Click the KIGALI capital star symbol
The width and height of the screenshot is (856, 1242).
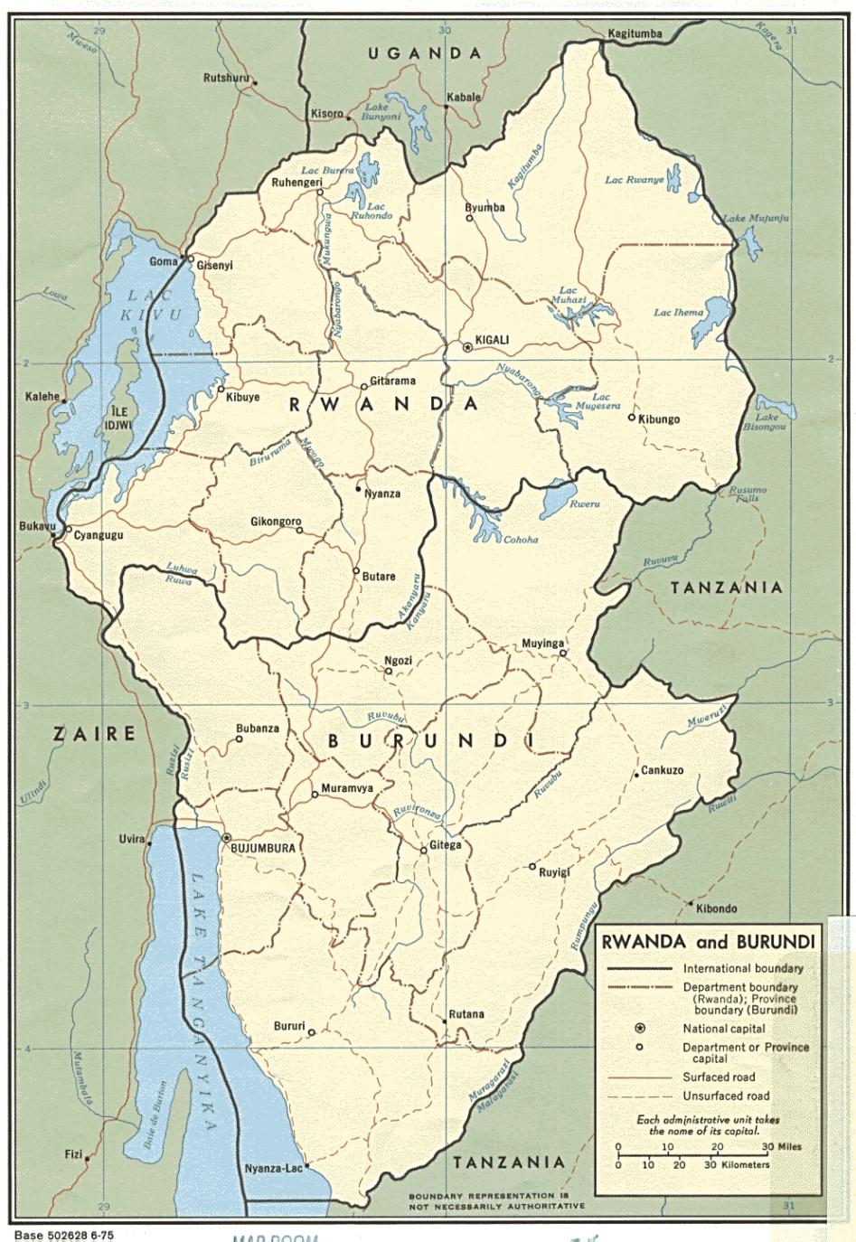click(x=467, y=347)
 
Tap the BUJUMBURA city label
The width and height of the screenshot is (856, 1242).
click(x=263, y=849)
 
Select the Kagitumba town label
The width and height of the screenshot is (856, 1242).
click(x=635, y=33)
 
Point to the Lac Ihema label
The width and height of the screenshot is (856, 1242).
click(x=678, y=313)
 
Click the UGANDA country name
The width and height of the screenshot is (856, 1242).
click(x=424, y=53)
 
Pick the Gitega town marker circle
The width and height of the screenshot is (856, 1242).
click(x=423, y=850)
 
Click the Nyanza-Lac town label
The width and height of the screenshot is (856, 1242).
click(x=273, y=1169)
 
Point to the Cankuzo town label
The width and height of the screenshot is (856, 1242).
click(x=662, y=771)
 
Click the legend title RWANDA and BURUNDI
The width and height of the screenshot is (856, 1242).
click(x=709, y=942)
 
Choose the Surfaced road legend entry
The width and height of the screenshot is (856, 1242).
click(x=719, y=1077)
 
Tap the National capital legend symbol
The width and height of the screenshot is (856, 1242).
click(x=640, y=1029)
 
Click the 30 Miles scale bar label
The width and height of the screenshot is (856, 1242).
click(x=781, y=1146)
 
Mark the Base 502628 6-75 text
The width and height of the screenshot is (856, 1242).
click(x=63, y=1234)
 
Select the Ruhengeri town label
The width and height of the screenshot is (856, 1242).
click(x=297, y=183)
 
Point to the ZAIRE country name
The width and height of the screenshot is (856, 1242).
click(x=94, y=733)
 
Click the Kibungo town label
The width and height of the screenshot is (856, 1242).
click(x=659, y=419)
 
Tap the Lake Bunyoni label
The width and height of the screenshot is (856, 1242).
click(x=375, y=112)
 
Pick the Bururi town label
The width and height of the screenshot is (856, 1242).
click(x=289, y=1027)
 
